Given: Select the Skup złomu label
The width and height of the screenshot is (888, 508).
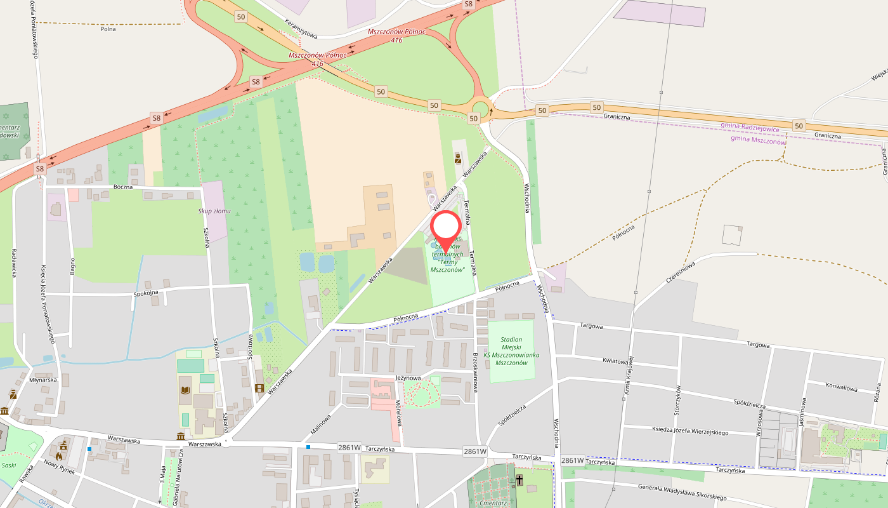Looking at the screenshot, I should click(x=214, y=211).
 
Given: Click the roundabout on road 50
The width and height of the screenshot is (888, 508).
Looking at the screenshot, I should click(x=481, y=109).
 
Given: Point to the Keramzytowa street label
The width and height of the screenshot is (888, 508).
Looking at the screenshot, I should click(x=301, y=28).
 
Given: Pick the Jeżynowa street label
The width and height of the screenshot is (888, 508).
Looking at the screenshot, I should click(x=408, y=377).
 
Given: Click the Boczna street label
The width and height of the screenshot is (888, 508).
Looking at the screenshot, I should click(x=123, y=187).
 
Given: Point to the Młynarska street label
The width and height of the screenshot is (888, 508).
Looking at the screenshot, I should click(x=43, y=379).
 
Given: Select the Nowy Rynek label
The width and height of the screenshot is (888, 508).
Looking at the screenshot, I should click(x=60, y=467).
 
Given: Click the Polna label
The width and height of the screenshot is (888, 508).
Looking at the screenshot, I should click(x=108, y=29).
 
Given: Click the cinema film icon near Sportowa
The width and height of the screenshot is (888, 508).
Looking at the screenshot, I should click(x=259, y=388).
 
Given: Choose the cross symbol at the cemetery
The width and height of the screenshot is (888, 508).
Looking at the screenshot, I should click(x=519, y=479).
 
